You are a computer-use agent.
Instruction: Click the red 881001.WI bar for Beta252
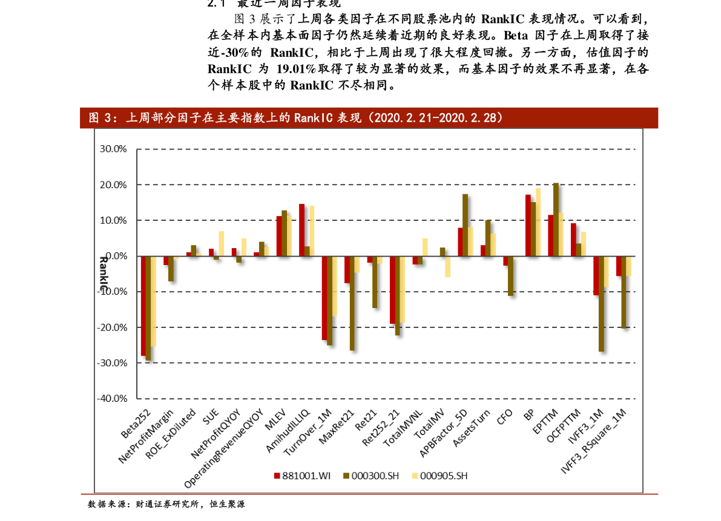point(143,305)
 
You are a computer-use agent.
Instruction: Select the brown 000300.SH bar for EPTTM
point(556,219)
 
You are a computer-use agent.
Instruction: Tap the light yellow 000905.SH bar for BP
point(538,222)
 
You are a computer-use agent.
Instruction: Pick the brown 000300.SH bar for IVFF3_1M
point(601,303)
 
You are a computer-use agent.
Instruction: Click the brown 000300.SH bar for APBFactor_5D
point(465,225)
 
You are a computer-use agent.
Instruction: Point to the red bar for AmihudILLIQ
point(301,230)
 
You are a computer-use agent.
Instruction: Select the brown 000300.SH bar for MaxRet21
point(352,303)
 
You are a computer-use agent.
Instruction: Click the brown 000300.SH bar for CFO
point(510,276)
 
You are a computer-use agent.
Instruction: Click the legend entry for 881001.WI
point(302,476)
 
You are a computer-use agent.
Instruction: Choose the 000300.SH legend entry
point(371,476)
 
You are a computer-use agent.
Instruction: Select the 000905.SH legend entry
point(440,476)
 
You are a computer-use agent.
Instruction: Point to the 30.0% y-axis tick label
point(114,149)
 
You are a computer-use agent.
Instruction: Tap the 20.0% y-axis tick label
point(114,185)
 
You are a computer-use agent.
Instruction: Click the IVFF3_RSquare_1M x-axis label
point(593,440)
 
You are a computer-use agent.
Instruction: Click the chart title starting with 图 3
point(297,118)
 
